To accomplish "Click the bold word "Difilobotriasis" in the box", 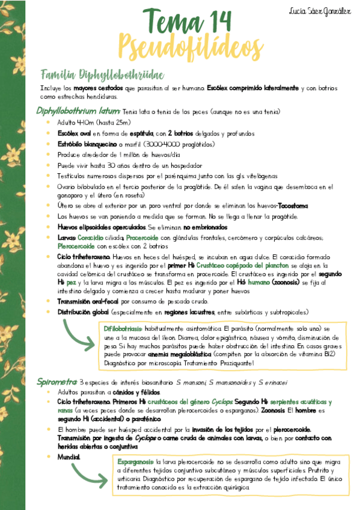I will coord(123,329).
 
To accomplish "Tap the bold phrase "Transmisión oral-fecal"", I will coord(88,301).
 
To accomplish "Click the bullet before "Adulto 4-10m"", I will coord(48,122).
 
